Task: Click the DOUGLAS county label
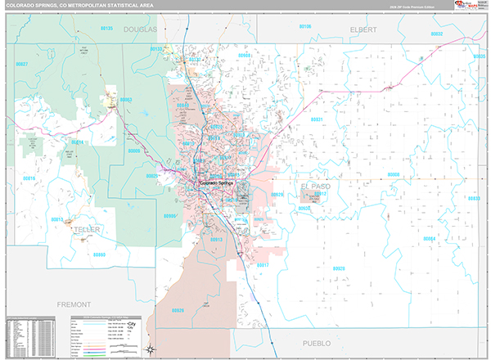click(139, 29)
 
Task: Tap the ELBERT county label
click(363, 29)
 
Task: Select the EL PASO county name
click(317, 187)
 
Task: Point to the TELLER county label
click(86, 230)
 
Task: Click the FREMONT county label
click(74, 304)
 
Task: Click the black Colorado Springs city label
click(216, 183)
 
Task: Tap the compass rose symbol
click(151, 349)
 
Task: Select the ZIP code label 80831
click(317, 119)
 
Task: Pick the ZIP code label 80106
click(304, 26)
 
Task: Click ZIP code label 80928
click(339, 268)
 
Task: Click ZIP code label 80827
click(22, 64)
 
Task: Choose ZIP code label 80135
click(155, 49)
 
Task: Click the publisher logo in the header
click(466, 6)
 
